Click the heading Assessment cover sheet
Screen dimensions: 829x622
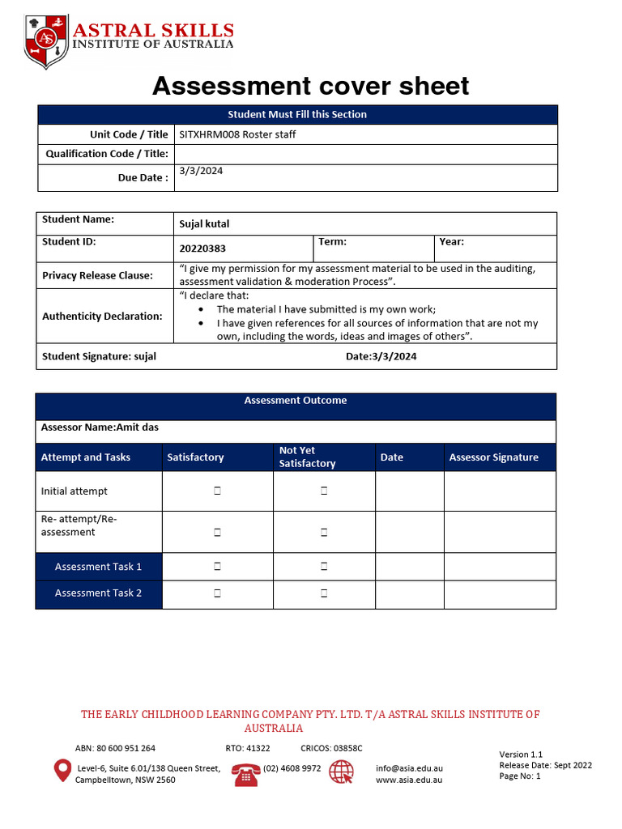(x=310, y=86)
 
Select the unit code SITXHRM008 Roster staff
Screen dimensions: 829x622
(x=237, y=134)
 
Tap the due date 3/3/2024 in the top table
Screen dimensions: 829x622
(x=201, y=171)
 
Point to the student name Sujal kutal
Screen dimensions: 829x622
(x=204, y=223)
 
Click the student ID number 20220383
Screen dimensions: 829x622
(x=202, y=249)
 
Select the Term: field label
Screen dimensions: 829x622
(x=332, y=241)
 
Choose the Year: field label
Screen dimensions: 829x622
(x=451, y=241)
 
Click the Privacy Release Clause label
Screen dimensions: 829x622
(x=97, y=275)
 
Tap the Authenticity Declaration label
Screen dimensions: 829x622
(x=102, y=316)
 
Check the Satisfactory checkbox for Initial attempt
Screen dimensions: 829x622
(x=218, y=491)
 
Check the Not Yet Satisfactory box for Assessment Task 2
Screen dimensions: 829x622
(x=324, y=593)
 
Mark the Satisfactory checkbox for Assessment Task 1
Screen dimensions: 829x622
(x=218, y=567)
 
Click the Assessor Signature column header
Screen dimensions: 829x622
(x=493, y=457)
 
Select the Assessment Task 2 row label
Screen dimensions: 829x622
(x=98, y=593)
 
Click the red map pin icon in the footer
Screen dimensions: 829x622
(x=62, y=771)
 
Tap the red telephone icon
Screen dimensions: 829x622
(x=245, y=774)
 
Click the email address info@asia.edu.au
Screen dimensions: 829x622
(x=409, y=768)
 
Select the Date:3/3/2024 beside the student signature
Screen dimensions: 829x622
(x=381, y=356)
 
